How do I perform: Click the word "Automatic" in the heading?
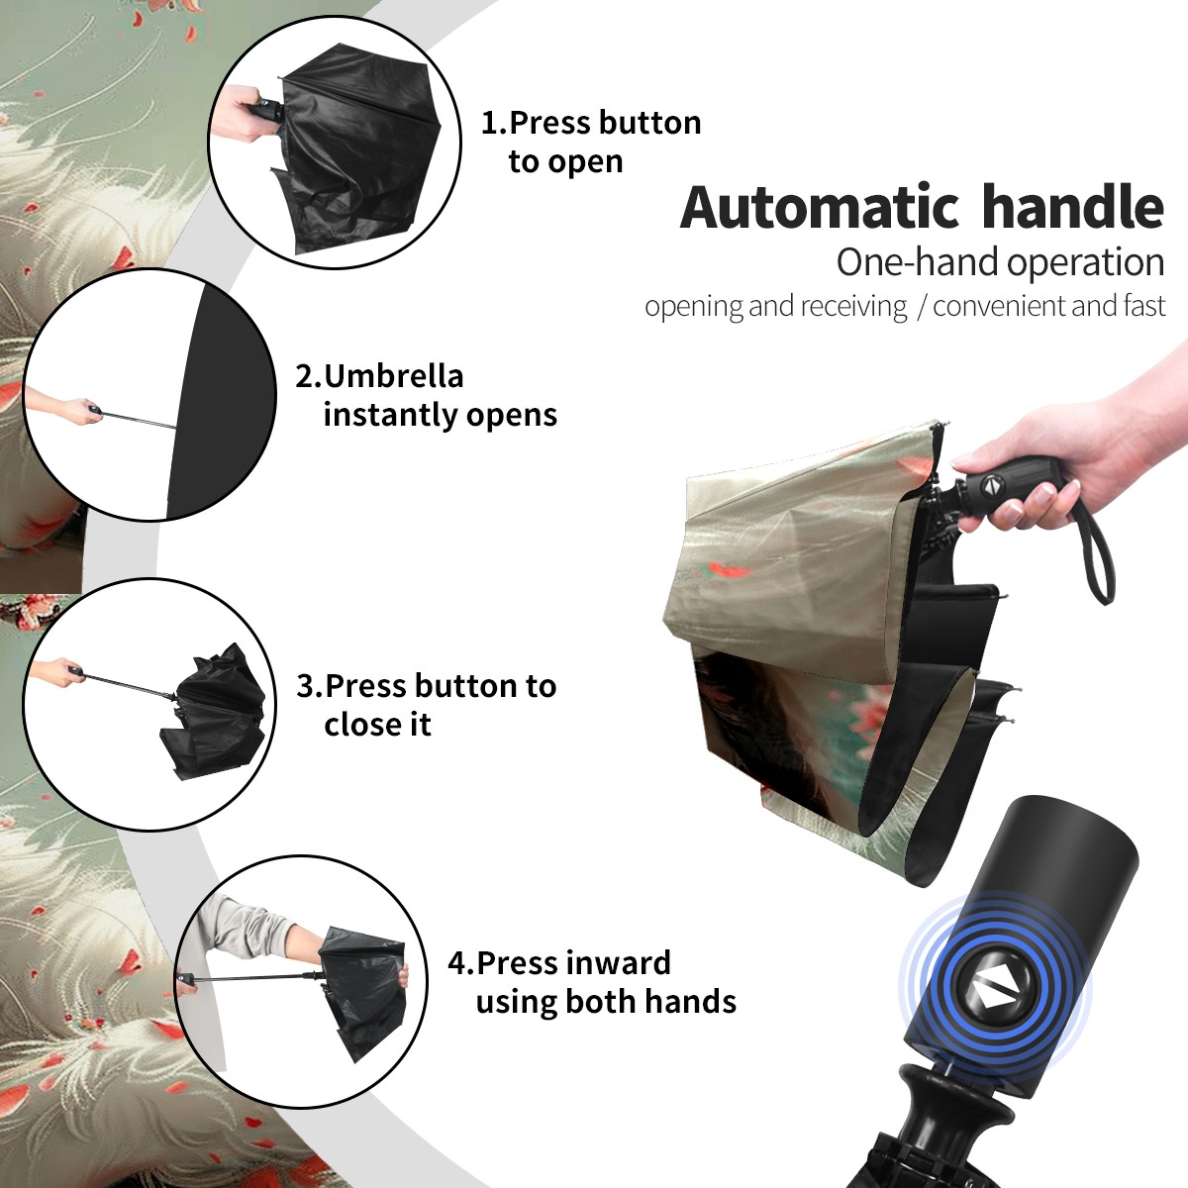click(x=820, y=208)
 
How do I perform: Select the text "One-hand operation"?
click(x=1001, y=262)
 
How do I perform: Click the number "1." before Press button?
click(x=493, y=123)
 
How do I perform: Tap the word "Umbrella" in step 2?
click(x=393, y=376)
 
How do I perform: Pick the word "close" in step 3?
click(x=357, y=724)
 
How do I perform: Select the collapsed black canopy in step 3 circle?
click(x=216, y=714)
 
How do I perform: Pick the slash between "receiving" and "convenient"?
click(x=921, y=307)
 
